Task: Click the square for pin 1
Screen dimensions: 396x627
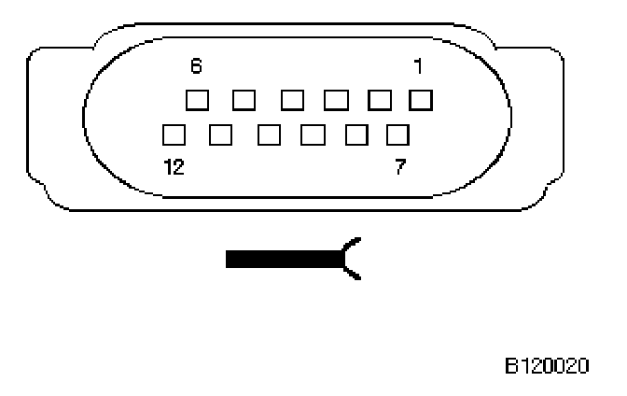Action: [421, 98]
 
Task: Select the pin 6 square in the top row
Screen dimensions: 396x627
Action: [196, 98]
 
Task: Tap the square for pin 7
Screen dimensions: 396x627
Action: [398, 134]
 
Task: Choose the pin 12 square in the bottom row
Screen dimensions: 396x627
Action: [174, 134]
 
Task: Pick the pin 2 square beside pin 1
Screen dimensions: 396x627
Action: [380, 98]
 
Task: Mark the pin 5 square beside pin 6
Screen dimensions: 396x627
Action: [243, 98]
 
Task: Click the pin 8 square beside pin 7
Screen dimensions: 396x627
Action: [356, 134]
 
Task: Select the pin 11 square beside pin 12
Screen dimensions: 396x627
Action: [221, 134]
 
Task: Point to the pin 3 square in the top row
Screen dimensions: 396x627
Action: [334, 98]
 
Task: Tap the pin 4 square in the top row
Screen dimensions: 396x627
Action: [290, 98]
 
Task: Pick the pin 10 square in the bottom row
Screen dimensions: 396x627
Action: [268, 134]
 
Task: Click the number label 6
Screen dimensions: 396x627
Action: [196, 67]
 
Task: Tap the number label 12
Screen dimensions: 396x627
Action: [174, 168]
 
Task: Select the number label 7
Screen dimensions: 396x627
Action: [399, 168]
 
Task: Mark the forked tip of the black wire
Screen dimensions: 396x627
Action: [353, 258]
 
